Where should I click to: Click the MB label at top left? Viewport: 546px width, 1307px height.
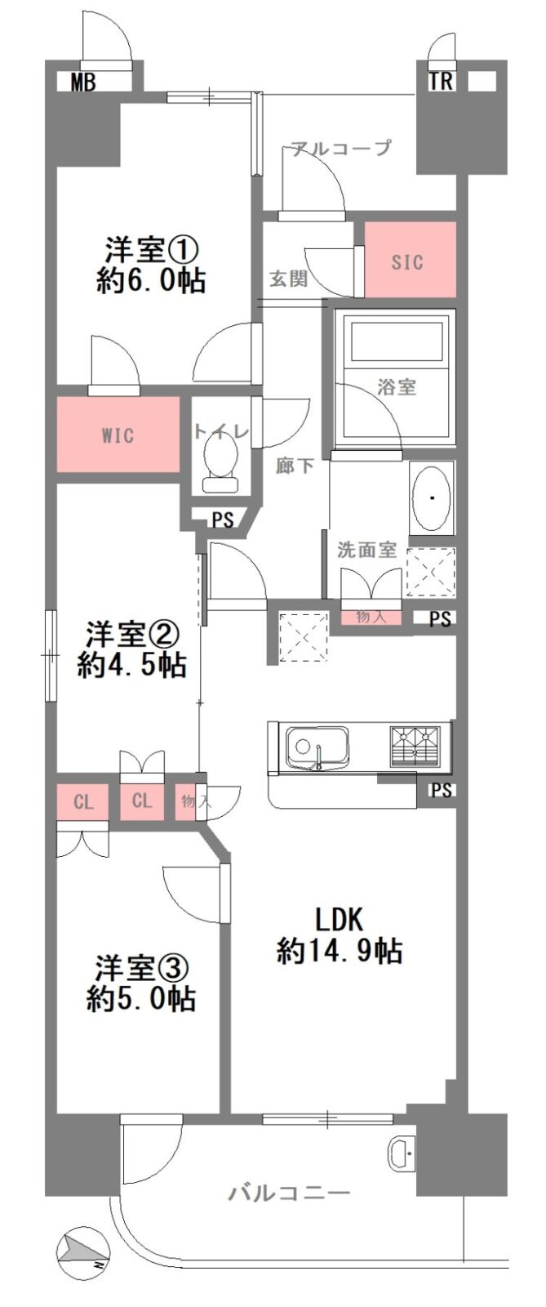[82, 83]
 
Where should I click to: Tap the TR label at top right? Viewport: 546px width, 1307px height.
[441, 82]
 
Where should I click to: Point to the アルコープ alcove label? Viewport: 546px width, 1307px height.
[341, 148]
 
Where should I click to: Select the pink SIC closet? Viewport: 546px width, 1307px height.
[410, 260]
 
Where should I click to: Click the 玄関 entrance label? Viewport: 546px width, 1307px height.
[288, 279]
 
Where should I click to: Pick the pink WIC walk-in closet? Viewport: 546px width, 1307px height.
[118, 434]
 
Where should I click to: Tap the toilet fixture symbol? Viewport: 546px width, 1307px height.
[220, 464]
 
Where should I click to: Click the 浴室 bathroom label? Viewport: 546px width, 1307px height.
[397, 386]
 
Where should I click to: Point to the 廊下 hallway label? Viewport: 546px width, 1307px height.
[295, 466]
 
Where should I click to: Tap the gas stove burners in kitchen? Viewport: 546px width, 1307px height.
[415, 747]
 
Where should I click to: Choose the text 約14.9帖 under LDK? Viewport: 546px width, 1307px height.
[340, 952]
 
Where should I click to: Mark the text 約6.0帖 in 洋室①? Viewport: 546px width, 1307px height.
[150, 281]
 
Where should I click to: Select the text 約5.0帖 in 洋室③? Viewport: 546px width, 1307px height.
[141, 999]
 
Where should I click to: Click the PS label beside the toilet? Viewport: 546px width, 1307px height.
[222, 520]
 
